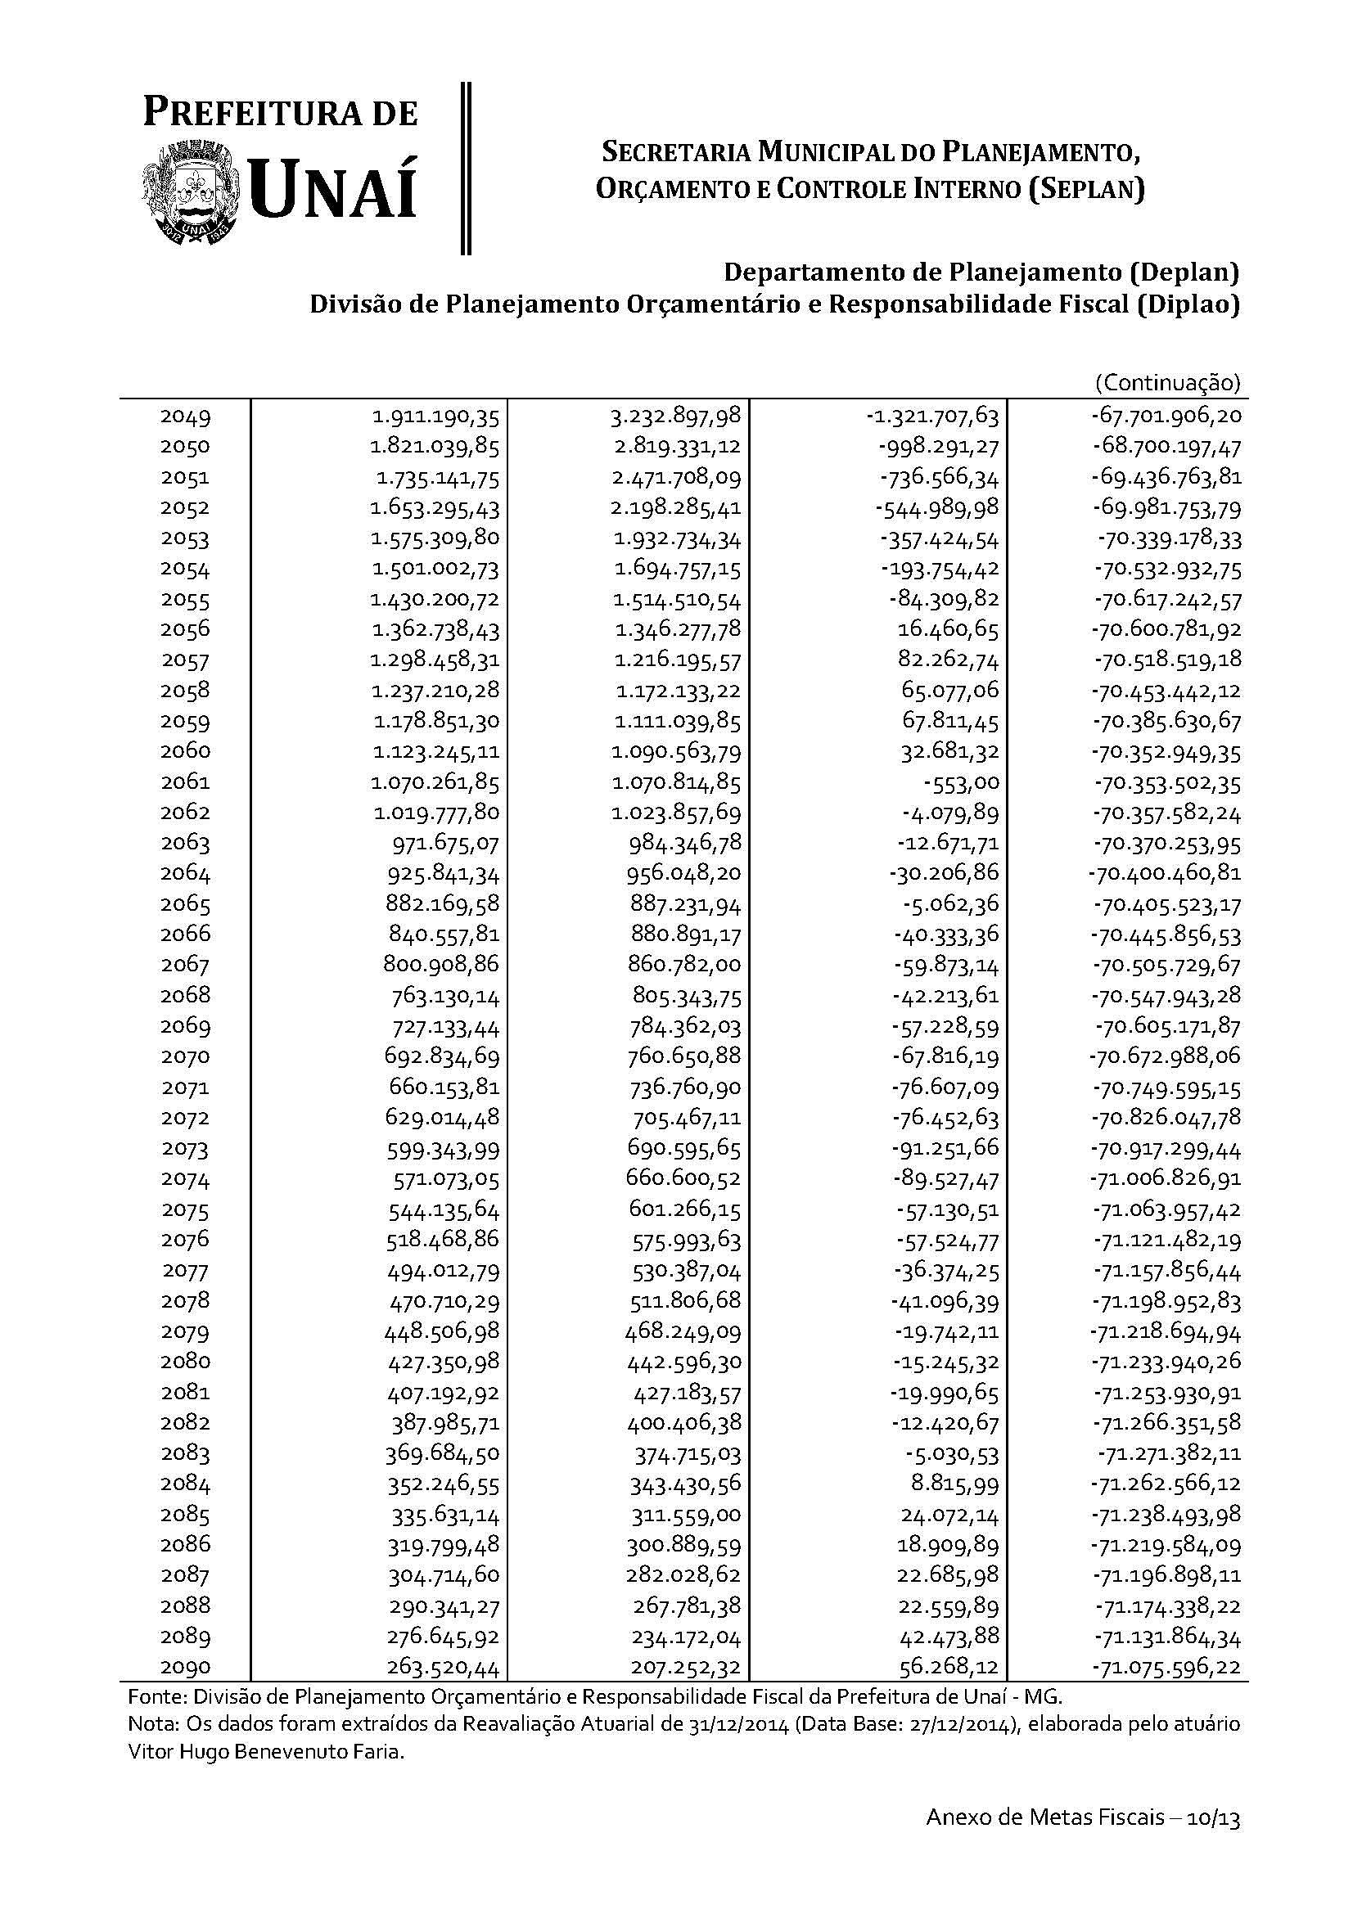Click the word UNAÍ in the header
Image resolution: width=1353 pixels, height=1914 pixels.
pyautogui.click(x=332, y=188)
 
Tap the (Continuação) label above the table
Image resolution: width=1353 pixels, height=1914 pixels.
pyautogui.click(x=1167, y=383)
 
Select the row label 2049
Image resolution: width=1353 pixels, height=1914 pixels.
pyautogui.click(x=185, y=416)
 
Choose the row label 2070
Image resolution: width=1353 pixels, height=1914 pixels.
pyautogui.click(x=185, y=1056)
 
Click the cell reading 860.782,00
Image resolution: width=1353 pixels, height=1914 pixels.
pyautogui.click(x=685, y=966)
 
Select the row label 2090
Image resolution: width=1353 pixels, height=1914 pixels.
pyautogui.click(x=185, y=1667)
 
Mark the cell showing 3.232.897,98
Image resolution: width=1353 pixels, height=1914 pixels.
pyautogui.click(x=676, y=416)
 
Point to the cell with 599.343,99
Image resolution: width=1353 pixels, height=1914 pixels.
pyautogui.click(x=443, y=1149)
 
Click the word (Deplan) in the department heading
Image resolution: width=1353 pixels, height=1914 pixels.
pyautogui.click(x=1182, y=272)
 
